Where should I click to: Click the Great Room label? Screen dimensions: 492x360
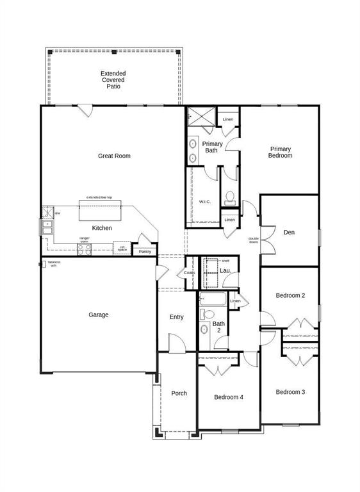click(x=114, y=156)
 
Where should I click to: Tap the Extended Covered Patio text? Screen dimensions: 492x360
click(x=113, y=79)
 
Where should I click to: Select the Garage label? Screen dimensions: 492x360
click(x=99, y=315)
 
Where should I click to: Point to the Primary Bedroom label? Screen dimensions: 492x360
click(x=280, y=152)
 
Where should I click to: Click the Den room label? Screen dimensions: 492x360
click(x=289, y=233)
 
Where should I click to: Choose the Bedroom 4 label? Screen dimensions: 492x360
click(x=228, y=397)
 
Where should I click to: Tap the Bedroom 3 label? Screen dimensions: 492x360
click(x=290, y=392)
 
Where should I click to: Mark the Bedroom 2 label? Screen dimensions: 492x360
click(x=290, y=295)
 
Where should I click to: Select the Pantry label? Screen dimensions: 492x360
click(x=145, y=252)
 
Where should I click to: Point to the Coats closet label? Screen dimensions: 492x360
click(x=190, y=273)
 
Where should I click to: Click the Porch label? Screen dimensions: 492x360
click(x=179, y=393)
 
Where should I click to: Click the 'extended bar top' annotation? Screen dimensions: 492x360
click(x=99, y=197)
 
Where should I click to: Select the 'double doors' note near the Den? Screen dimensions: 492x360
click(x=254, y=240)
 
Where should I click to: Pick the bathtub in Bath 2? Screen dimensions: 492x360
click(x=212, y=300)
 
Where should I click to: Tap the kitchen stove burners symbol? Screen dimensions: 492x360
click(x=85, y=250)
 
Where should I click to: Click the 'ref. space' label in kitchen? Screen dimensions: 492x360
click(x=122, y=248)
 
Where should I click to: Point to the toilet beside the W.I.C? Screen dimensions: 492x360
click(x=230, y=197)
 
